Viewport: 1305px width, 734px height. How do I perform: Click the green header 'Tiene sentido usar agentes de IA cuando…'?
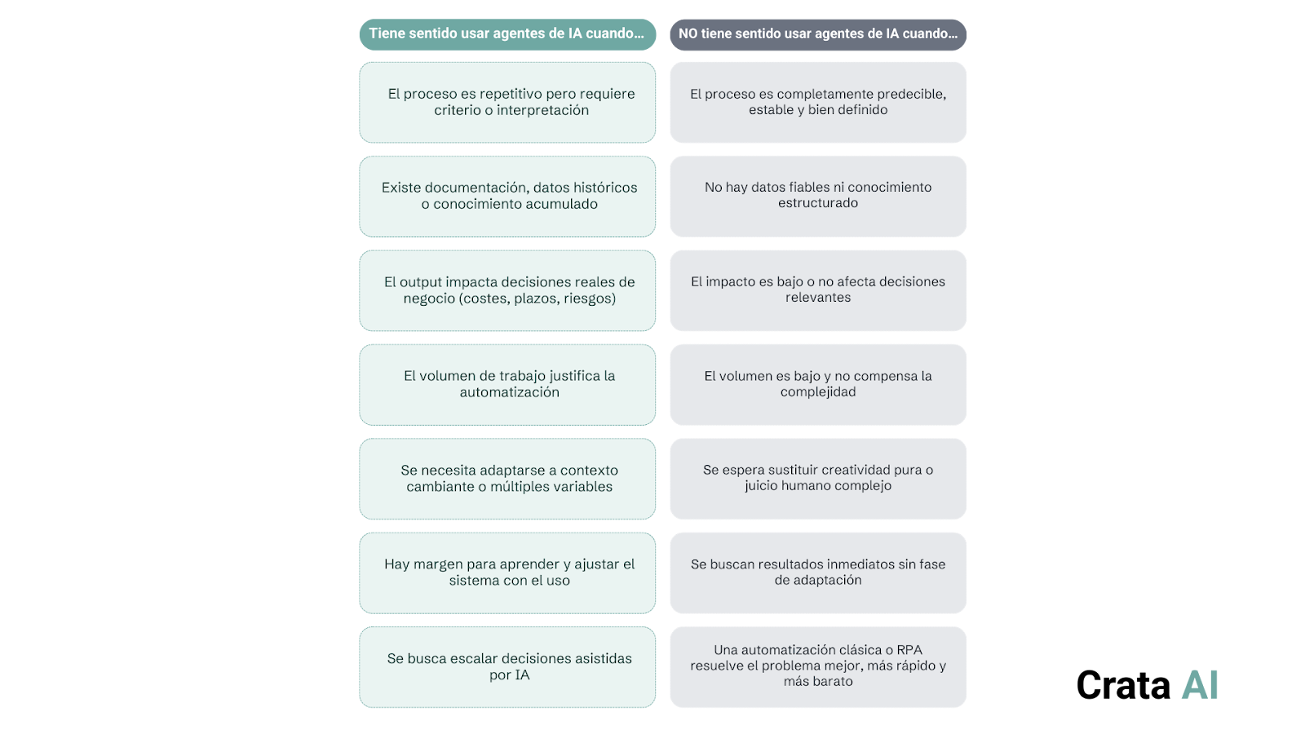[x=507, y=34]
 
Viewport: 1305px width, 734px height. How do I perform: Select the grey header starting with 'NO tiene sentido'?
[x=818, y=34]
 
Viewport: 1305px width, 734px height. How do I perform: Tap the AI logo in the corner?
[x=1200, y=685]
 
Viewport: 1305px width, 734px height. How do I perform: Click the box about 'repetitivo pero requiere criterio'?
[x=507, y=102]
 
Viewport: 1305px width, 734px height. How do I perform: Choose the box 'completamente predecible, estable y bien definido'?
[x=818, y=102]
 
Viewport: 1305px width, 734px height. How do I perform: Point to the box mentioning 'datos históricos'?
[x=507, y=196]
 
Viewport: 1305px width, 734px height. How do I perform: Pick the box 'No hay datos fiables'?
[x=818, y=196]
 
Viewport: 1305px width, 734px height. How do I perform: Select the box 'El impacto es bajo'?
[x=818, y=290]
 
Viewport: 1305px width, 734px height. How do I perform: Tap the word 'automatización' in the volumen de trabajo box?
[x=509, y=392]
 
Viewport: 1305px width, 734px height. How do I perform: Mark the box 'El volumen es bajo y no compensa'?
[x=818, y=384]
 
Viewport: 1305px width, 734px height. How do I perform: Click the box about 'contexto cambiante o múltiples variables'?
[x=507, y=479]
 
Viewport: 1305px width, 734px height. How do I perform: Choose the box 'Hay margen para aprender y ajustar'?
[x=507, y=573]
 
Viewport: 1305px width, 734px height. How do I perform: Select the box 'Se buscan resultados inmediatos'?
[x=818, y=573]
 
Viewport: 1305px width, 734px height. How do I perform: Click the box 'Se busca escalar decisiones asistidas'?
[x=507, y=667]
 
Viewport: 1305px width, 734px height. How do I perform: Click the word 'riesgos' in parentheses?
[x=589, y=298]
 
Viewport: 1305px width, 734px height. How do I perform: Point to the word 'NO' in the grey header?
[x=688, y=34]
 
